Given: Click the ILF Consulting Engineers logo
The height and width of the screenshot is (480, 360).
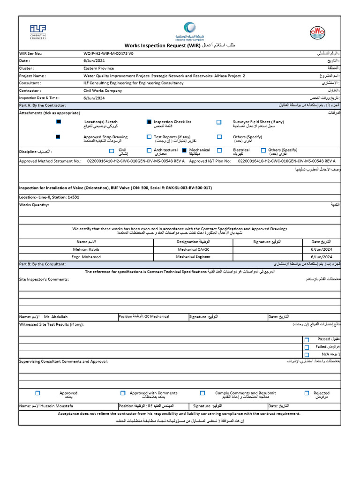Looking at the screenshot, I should [x=38, y=32].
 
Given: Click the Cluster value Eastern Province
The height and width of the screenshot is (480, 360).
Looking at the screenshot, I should [x=99, y=68].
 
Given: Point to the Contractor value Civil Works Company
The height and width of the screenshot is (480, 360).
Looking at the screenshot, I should [x=102, y=90].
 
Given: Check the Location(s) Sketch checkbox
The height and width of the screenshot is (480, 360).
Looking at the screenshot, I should [x=59, y=122].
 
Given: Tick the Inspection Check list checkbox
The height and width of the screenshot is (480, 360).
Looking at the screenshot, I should [x=149, y=122].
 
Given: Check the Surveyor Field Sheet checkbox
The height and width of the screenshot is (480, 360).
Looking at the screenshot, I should [x=219, y=122].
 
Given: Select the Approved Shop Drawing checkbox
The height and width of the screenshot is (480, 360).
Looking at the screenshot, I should [x=58, y=137].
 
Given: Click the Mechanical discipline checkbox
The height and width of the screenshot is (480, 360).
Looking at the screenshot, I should [x=184, y=150].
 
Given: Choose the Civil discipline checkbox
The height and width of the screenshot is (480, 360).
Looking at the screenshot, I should [x=112, y=151].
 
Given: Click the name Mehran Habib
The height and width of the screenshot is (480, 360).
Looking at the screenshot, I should [x=86, y=249].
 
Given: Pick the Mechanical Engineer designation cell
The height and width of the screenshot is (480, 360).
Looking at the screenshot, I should [x=193, y=257].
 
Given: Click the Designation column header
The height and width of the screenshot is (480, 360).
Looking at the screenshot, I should [x=193, y=241].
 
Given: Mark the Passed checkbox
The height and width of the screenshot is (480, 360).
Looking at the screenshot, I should [x=307, y=340].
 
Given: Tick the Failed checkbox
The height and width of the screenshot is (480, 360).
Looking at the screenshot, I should [x=307, y=347].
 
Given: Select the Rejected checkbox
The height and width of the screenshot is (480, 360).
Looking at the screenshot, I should [x=307, y=393].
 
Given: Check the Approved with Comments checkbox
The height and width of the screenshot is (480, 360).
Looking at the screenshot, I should [x=123, y=393].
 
